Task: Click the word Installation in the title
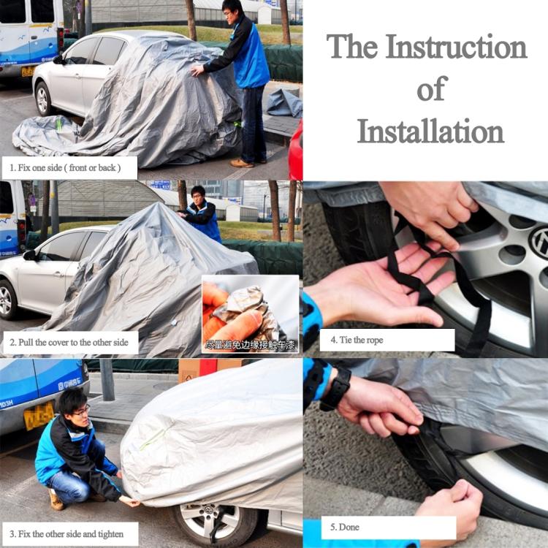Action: (x=430, y=132)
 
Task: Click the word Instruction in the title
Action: (x=457, y=47)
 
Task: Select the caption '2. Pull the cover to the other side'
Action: (x=69, y=342)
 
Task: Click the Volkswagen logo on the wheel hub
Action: (x=539, y=242)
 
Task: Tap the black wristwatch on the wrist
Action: (x=336, y=387)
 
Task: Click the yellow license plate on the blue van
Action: (x=38, y=416)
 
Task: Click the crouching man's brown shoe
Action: (x=56, y=500)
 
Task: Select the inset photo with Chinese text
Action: (x=250, y=314)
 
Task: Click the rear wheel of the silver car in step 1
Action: (x=44, y=99)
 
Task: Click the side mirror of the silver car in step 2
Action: (x=30, y=255)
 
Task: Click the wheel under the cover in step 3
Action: (x=215, y=522)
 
